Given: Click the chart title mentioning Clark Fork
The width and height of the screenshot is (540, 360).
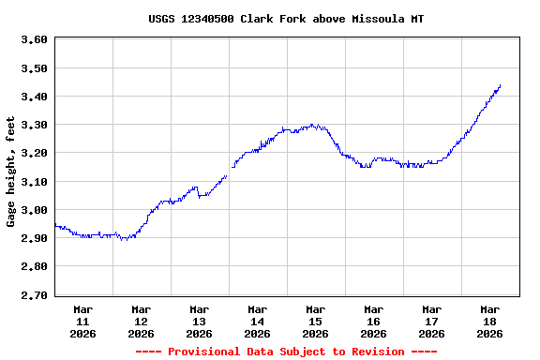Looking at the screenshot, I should (285, 19).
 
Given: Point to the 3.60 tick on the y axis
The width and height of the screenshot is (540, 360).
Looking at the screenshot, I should (34, 39).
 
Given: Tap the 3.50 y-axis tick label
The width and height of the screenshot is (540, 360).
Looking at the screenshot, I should (34, 68).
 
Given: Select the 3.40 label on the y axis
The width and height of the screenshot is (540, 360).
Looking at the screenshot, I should (34, 97).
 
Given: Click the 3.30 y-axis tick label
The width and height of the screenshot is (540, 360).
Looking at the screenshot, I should (34, 125).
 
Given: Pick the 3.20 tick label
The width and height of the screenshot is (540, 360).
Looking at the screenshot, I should (34, 153).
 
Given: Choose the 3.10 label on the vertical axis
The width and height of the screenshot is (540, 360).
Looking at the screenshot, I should (34, 182).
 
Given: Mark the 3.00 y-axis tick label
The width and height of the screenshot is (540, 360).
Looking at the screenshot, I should (34, 210).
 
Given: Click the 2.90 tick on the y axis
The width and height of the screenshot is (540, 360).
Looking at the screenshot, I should (34, 238).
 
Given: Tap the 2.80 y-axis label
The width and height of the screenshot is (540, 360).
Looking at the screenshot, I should (34, 266).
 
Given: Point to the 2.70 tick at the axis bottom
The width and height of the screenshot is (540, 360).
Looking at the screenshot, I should (34, 295).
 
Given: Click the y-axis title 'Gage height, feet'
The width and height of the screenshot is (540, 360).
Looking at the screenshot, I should (11, 172).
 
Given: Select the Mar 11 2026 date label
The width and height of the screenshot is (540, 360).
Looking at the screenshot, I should (82, 321).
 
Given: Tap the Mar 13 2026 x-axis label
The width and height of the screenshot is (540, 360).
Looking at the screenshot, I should (199, 321).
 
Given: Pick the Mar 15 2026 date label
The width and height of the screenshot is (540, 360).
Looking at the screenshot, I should (315, 321).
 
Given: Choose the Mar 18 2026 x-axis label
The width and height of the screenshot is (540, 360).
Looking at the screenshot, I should (489, 321).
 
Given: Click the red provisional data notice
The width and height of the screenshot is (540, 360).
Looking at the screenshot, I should (285, 352).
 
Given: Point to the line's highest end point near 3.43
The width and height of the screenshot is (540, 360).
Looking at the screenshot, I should (500, 86).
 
